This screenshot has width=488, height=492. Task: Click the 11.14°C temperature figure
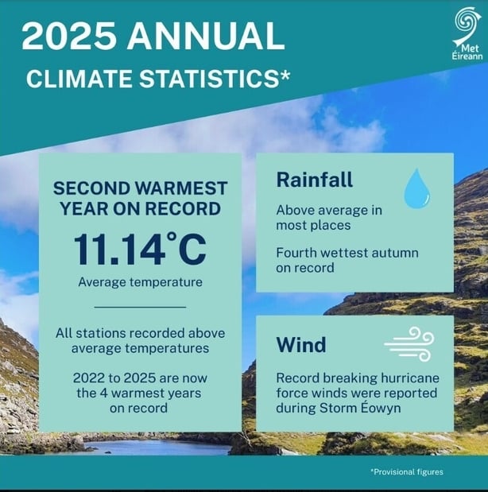click(x=140, y=248)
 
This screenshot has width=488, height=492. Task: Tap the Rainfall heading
click(x=315, y=180)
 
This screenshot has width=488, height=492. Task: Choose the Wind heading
click(x=301, y=345)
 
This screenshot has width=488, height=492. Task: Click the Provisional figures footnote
click(x=406, y=472)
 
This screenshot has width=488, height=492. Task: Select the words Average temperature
click(x=140, y=282)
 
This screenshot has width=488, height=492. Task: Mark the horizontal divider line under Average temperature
click(x=140, y=306)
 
